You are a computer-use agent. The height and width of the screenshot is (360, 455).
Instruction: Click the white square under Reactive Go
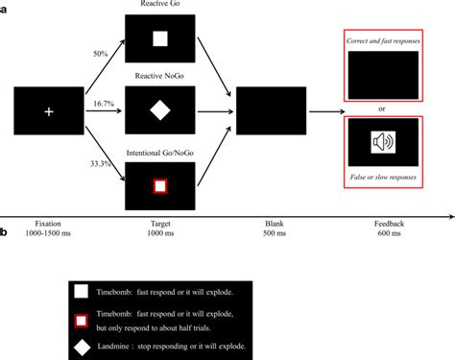[161, 39]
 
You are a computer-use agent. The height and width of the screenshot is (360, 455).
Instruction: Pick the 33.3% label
[100, 163]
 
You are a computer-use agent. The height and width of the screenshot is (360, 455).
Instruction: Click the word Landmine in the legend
[128, 344]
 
